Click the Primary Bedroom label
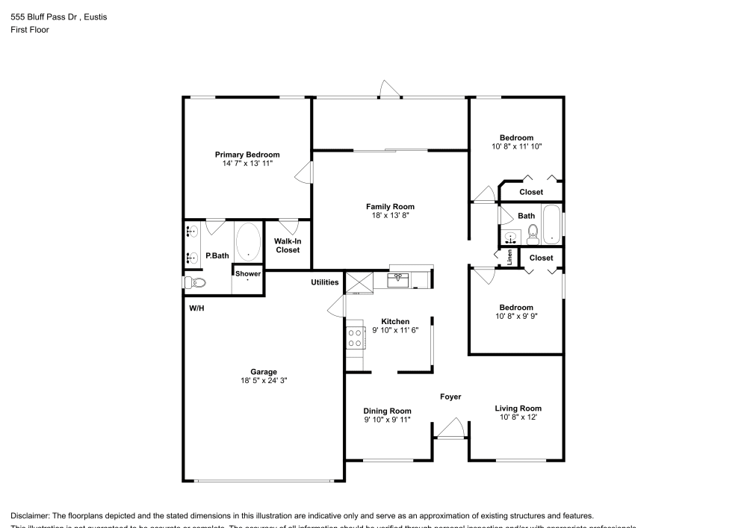[247, 155]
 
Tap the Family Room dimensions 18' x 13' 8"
[390, 215]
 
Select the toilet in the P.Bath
[196, 282]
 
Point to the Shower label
[248, 273]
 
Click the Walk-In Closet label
[287, 246]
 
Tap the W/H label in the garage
[196, 308]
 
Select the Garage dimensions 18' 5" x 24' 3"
[263, 380]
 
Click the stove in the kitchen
[356, 338]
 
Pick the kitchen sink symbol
[398, 280]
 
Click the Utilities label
[325, 282]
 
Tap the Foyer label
[450, 397]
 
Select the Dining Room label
[387, 411]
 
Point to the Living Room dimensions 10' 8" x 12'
[518, 417]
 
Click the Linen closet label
[509, 258]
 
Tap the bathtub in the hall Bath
[551, 224]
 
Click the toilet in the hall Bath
[533, 235]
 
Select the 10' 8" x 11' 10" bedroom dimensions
[516, 147]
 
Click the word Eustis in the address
[95, 17]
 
